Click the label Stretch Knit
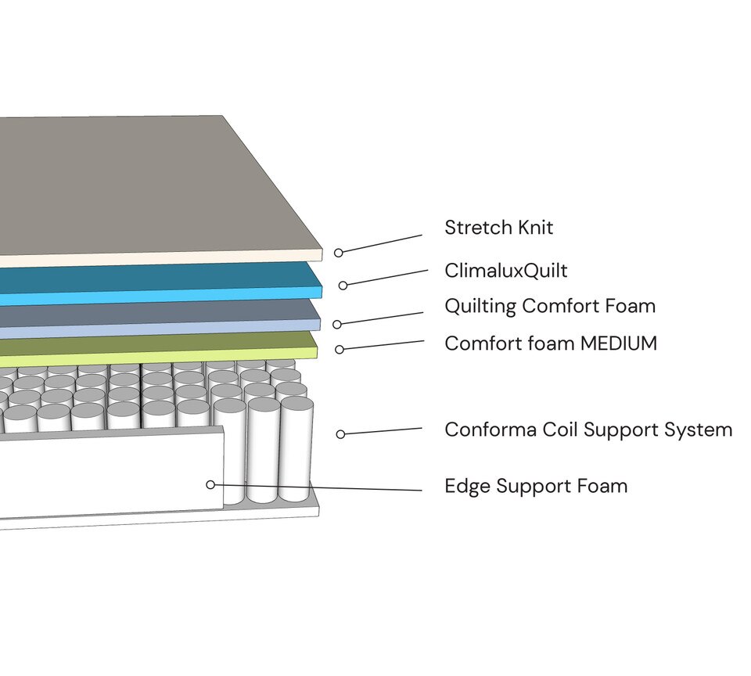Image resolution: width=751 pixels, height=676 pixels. [x=498, y=228]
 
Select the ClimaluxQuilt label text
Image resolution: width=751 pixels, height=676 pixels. [x=505, y=271]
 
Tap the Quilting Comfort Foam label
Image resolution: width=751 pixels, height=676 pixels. [x=550, y=306]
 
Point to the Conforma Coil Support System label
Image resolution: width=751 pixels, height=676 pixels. [x=588, y=430]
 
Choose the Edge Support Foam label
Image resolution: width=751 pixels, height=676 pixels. [x=536, y=486]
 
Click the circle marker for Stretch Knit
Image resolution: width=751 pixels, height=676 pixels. [x=339, y=253]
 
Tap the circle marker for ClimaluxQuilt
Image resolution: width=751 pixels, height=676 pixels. [x=343, y=286]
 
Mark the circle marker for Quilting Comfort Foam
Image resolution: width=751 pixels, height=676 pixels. [x=337, y=324]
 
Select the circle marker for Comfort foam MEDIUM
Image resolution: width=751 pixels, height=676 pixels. [x=339, y=350]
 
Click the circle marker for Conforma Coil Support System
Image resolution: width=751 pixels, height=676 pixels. [x=340, y=433]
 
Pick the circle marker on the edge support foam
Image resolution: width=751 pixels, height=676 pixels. [x=210, y=484]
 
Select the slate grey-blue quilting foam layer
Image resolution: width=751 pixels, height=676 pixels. [x=156, y=315]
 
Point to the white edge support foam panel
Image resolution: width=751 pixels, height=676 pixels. [x=110, y=477]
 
